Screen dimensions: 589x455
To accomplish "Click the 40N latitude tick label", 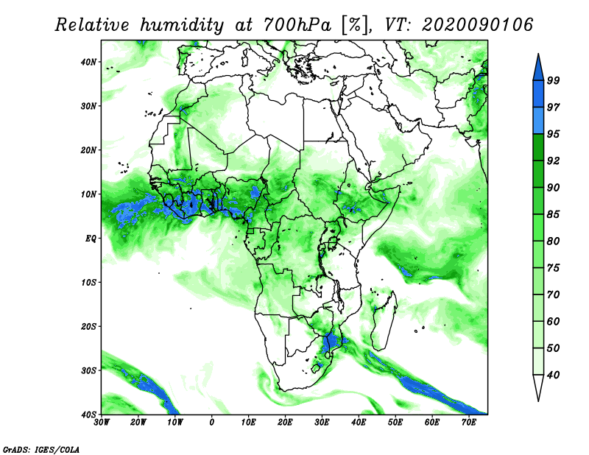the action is point(88,62).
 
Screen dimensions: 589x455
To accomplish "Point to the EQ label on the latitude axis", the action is point(91,239).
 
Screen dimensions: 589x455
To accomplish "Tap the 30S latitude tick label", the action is point(88,370).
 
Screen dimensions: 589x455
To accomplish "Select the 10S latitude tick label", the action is point(88,283).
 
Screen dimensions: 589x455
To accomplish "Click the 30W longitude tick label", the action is point(102,423).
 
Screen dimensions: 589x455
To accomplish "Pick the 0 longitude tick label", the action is point(212,423).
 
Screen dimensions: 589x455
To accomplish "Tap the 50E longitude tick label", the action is point(395,423).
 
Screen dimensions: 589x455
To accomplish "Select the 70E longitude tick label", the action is point(469,423).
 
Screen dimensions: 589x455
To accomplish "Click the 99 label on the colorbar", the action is point(553,80).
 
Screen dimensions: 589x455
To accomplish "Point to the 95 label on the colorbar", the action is point(553,134).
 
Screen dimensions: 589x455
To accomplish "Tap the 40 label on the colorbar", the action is point(553,375).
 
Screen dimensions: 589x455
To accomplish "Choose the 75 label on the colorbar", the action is point(553,268).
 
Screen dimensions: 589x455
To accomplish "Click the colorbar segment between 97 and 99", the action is point(538,94).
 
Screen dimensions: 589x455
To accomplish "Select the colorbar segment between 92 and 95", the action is point(538,147).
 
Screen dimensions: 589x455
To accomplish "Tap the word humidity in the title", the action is point(182,26).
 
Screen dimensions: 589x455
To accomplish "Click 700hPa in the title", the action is point(297,25).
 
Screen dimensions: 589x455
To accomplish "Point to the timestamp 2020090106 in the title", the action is point(477,25).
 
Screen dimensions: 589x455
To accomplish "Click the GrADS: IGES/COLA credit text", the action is point(41,450).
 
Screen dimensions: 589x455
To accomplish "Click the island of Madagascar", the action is point(384,320).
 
